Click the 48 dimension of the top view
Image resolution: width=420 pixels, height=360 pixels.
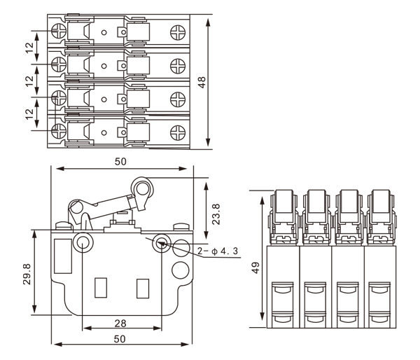[202, 83]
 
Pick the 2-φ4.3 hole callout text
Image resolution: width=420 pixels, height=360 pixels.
[218, 251]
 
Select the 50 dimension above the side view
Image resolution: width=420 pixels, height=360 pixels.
[120, 162]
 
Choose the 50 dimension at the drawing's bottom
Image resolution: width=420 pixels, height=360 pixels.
[120, 339]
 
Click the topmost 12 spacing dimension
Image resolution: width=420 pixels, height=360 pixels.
[29, 48]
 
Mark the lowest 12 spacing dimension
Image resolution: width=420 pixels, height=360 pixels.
[29, 111]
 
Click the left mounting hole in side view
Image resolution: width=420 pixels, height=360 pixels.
[82, 244]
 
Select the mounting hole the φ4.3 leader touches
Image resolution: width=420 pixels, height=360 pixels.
[162, 244]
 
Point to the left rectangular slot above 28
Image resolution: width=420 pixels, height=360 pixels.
[100, 287]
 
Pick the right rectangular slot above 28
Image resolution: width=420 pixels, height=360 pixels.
[144, 287]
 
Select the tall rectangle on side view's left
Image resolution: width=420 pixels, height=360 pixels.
[62, 256]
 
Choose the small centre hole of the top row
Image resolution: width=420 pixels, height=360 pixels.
[104, 32]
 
